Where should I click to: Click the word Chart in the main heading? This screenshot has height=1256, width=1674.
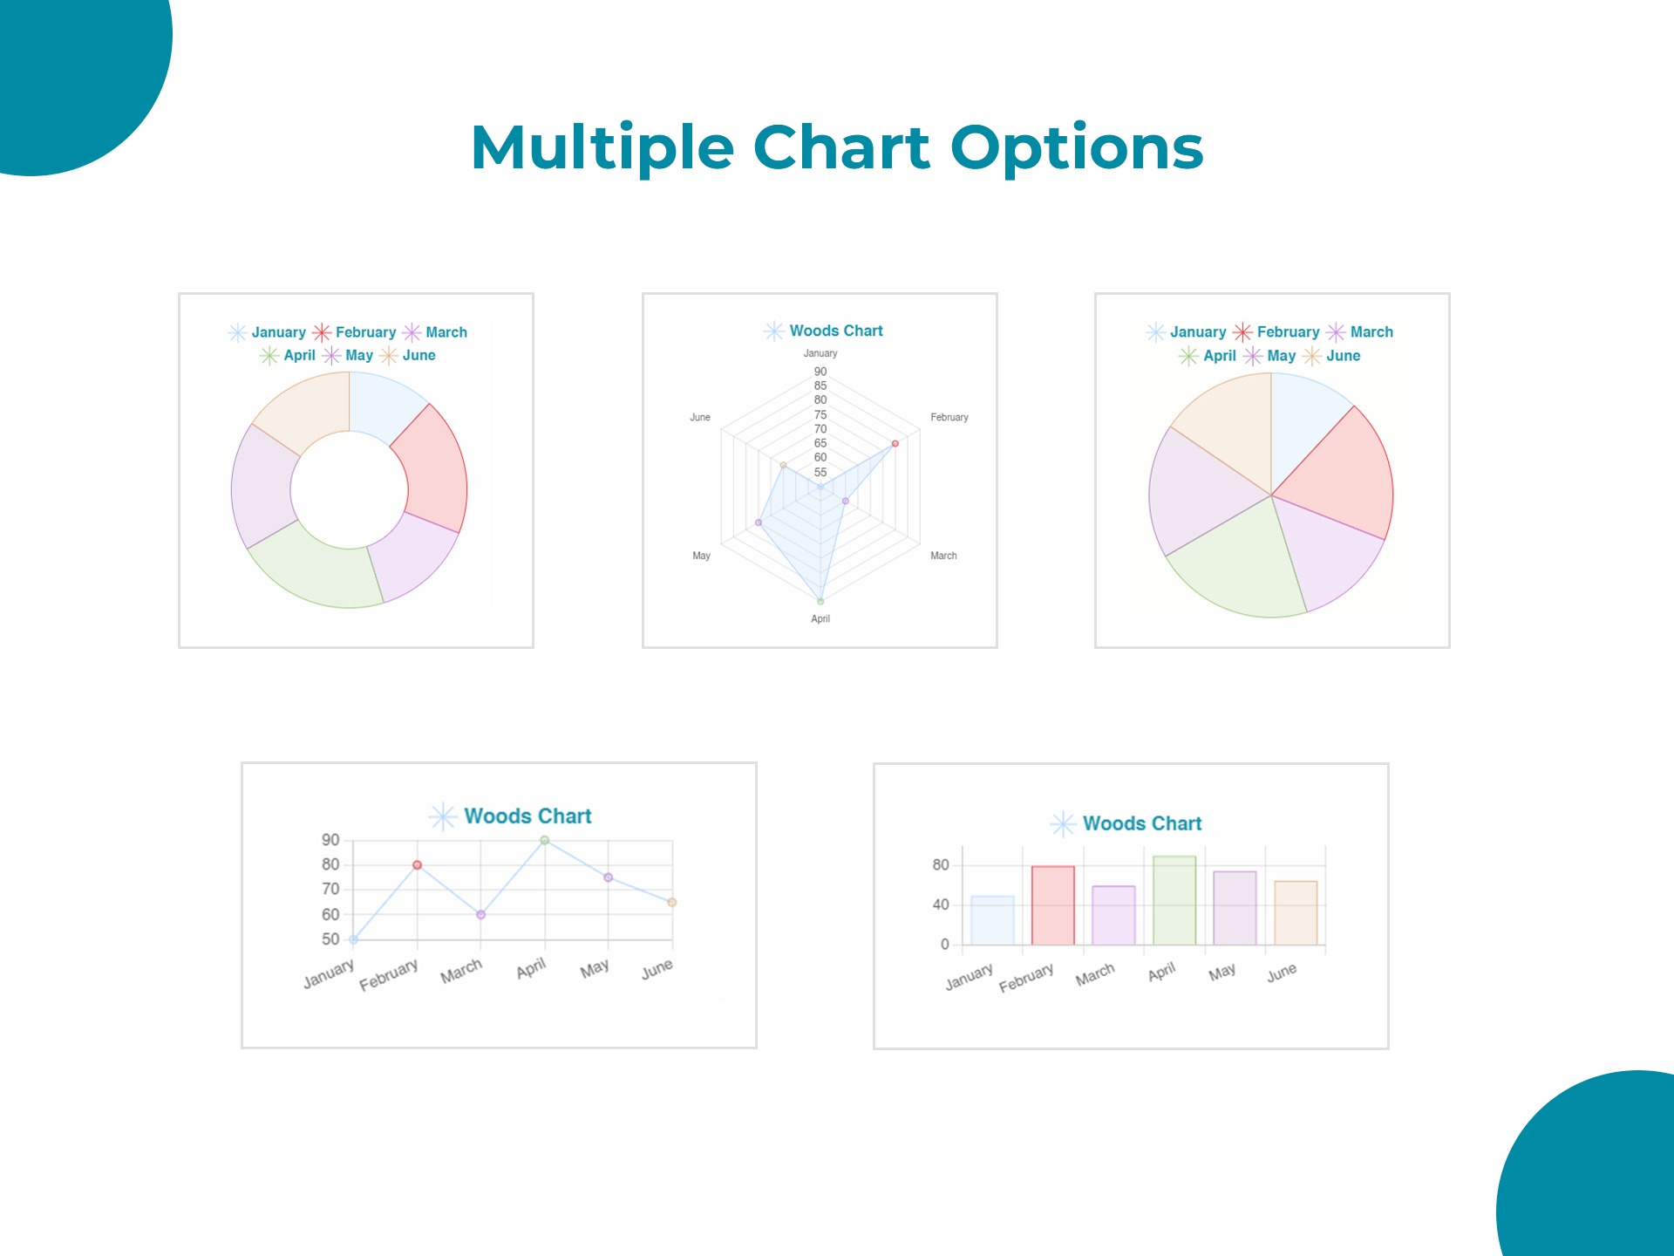click(x=841, y=147)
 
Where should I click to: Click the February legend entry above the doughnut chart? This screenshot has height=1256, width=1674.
click(x=365, y=332)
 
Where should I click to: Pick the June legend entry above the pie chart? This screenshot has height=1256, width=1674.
click(x=1343, y=356)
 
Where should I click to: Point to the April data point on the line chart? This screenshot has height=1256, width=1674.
click(x=544, y=841)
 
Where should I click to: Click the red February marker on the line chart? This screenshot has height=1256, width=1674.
click(x=417, y=865)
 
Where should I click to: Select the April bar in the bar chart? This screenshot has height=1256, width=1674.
click(x=1174, y=900)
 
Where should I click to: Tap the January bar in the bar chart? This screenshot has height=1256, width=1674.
click(x=992, y=920)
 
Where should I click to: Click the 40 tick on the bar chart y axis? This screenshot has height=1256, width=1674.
click(x=940, y=904)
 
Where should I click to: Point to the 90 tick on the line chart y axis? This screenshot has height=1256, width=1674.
click(x=330, y=840)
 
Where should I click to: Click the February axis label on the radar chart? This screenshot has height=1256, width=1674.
click(x=949, y=418)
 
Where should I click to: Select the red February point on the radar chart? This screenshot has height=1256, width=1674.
click(x=895, y=444)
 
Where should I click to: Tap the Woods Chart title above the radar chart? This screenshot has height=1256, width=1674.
click(x=835, y=331)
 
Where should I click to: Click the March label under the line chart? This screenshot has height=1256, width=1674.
click(x=460, y=971)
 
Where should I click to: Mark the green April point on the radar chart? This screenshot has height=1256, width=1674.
click(x=820, y=601)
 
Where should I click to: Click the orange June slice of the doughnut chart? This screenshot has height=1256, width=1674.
click(x=301, y=410)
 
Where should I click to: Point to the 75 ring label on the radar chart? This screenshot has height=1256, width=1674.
click(x=820, y=414)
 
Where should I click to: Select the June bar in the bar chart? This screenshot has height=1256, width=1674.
click(x=1296, y=912)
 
